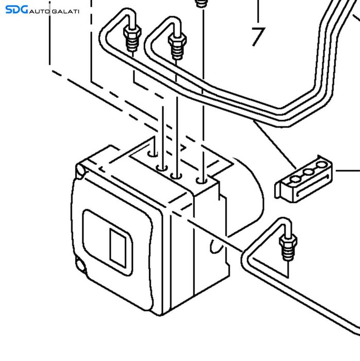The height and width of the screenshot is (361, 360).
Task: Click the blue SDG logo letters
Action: [16, 10]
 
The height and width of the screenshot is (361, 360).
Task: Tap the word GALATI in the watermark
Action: [65, 11]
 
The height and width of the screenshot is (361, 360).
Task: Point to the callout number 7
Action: [258, 37]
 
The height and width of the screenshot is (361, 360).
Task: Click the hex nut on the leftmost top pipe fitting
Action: [132, 32]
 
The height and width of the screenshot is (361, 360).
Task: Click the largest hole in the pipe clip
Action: [321, 165]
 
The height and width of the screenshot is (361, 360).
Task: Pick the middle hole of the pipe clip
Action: [308, 172]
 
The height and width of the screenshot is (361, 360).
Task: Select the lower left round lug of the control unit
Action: [81, 265]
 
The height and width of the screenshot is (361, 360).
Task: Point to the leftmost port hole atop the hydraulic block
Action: [152, 154]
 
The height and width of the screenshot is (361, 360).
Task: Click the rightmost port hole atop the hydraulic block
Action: [202, 180]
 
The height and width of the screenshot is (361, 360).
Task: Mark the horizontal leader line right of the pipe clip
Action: [348, 171]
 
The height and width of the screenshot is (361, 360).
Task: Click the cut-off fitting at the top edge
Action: [202, 4]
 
